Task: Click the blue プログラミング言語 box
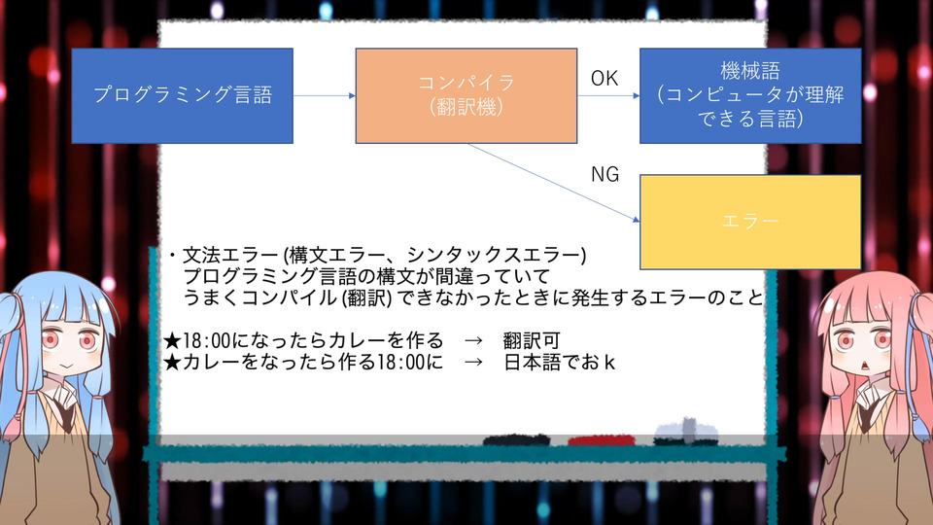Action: [182, 96]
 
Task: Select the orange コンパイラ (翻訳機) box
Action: [466, 96]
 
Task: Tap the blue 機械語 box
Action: [750, 96]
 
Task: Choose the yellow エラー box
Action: [750, 222]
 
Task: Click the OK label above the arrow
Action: [604, 79]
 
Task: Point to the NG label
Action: [605, 174]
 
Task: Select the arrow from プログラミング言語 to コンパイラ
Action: [325, 96]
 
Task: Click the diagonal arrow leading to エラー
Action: [553, 182]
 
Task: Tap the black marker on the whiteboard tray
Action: [516, 440]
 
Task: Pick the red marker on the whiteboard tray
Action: [601, 440]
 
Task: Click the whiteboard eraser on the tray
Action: [685, 433]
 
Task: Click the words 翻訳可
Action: [532, 341]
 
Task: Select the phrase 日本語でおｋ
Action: [560, 363]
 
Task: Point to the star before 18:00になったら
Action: [172, 341]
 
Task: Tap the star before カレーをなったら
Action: [172, 363]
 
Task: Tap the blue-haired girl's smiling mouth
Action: [67, 365]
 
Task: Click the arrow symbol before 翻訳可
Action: [473, 341]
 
